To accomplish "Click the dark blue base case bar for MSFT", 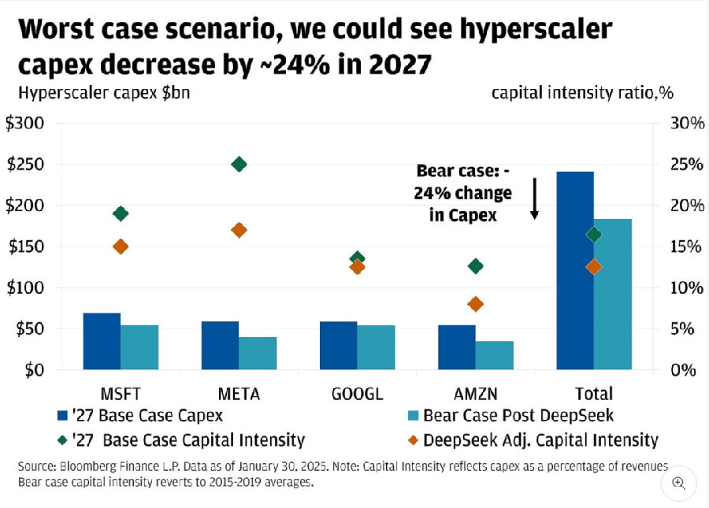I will click(102, 341).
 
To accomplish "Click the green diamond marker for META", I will click(239, 164).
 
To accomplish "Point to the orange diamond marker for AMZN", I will click(475, 304).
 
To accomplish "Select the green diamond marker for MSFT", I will click(121, 213).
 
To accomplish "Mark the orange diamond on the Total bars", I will click(594, 267).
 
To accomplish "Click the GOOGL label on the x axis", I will click(357, 393).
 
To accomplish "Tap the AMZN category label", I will click(475, 393).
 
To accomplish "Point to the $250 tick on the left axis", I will click(25, 165).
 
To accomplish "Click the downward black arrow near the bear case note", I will click(534, 198).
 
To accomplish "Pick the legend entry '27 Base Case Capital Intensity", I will click(181, 439).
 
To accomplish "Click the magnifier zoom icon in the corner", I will click(679, 482).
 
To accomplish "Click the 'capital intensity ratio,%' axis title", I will click(582, 93).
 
